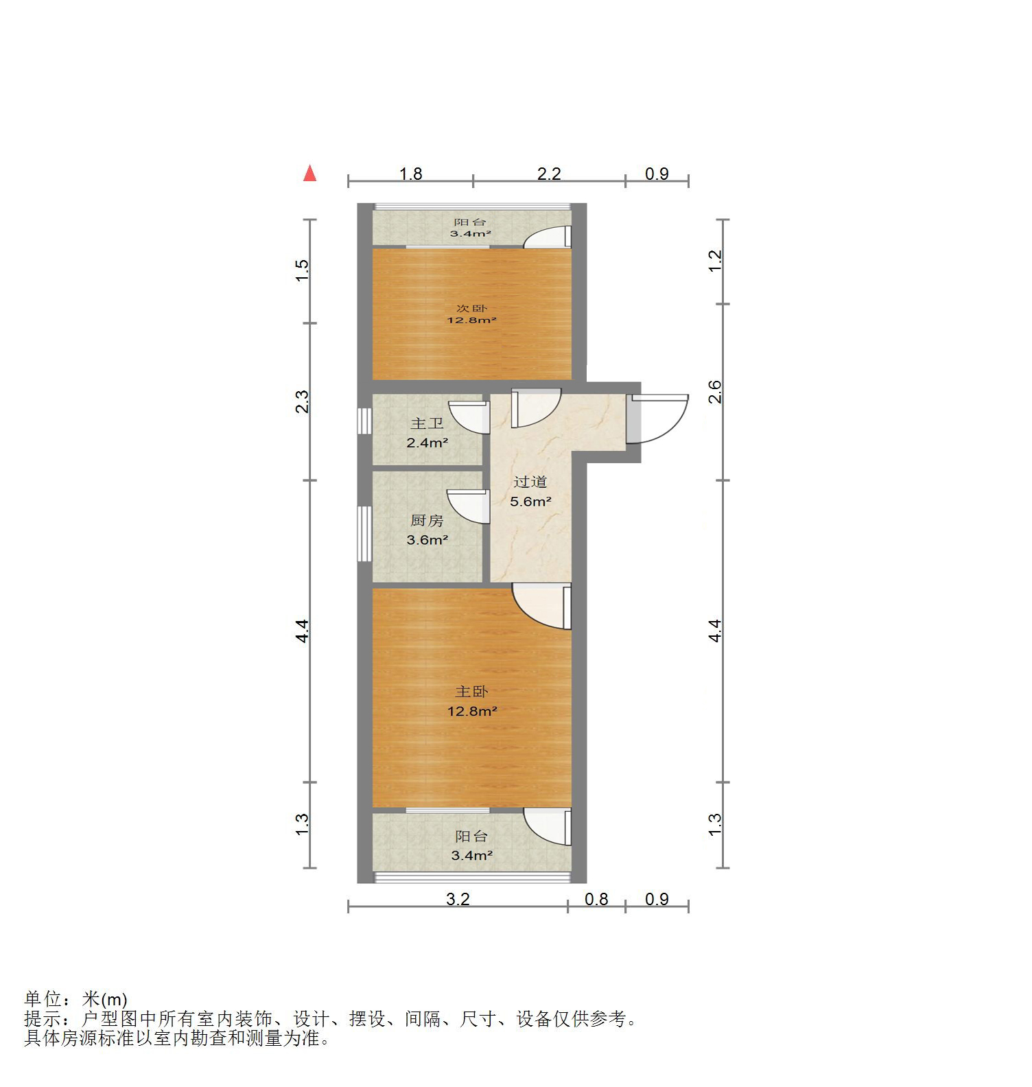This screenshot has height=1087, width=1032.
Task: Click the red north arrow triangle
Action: pos(310,174)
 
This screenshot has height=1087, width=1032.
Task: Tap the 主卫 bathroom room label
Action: pos(427,424)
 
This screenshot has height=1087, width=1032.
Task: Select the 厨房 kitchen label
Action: pos(427,521)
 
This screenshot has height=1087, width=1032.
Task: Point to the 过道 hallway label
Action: pos(530,482)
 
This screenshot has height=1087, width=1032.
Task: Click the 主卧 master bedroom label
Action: pos(472,692)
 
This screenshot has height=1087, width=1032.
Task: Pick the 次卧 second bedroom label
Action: pos(472,308)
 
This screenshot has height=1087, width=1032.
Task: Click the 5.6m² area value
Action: pos(530,502)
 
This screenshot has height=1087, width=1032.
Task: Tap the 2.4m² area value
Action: pos(427,443)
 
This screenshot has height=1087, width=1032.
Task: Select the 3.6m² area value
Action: pos(427,540)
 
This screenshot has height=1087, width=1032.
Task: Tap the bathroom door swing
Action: pos(471,417)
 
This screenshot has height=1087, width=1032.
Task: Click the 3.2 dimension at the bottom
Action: pos(458,899)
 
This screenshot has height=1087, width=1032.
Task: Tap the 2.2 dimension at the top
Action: pos(549,174)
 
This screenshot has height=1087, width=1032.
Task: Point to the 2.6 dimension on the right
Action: pos(714,392)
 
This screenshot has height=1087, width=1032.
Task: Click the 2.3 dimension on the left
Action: pos(302,401)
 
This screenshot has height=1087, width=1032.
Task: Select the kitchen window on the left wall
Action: pos(364,533)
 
